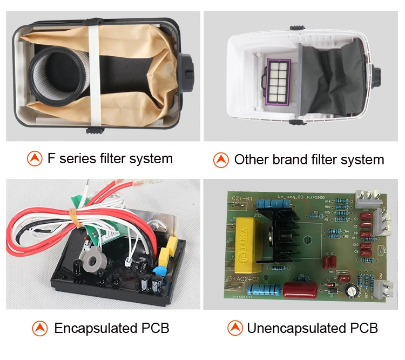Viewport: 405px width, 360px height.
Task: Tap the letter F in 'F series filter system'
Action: click(52, 158)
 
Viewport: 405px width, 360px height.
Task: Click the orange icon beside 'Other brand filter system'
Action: click(221, 159)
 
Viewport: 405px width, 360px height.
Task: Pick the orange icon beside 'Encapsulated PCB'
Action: click(40, 328)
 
